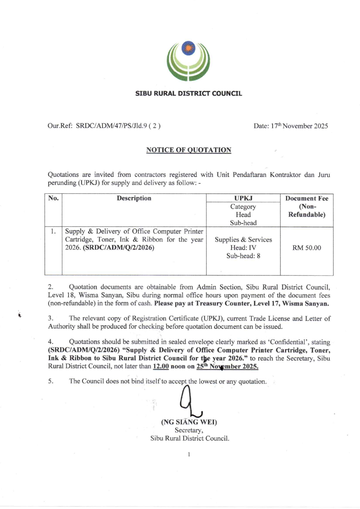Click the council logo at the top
(x=188, y=61)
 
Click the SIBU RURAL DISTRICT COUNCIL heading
(x=188, y=93)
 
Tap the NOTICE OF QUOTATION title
(x=189, y=150)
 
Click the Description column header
(x=134, y=198)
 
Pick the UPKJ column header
(x=243, y=198)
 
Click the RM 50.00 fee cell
(x=307, y=248)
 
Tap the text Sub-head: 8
(x=243, y=256)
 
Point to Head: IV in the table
(x=243, y=248)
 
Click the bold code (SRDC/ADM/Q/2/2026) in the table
(x=118, y=248)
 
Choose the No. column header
(x=53, y=198)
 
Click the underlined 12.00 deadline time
(x=161, y=366)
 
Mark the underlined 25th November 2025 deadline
(x=227, y=366)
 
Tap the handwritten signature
(x=189, y=402)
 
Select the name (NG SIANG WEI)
(x=189, y=422)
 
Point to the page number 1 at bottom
(x=189, y=454)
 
